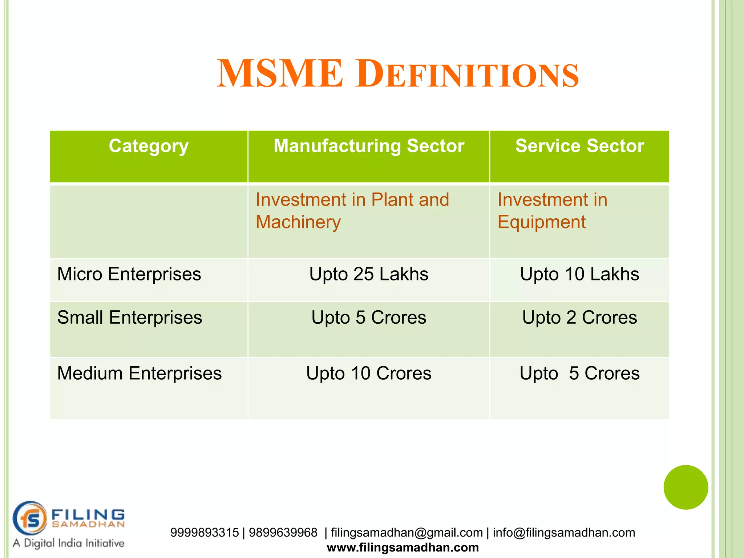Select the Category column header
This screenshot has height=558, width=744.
pyautogui.click(x=149, y=146)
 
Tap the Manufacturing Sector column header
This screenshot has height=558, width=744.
pyautogui.click(x=369, y=146)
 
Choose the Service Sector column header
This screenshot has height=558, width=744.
pyautogui.click(x=579, y=146)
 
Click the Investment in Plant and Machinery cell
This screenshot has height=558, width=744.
pyautogui.click(x=352, y=211)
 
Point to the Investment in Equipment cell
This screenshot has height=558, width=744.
pyautogui.click(x=552, y=211)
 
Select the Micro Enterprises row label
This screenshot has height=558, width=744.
pyautogui.click(x=129, y=274)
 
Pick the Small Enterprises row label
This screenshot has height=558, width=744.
pyautogui.click(x=130, y=318)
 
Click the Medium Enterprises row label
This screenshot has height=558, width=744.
pyautogui.click(x=139, y=373)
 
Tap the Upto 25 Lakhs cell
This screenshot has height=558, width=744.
pyautogui.click(x=369, y=274)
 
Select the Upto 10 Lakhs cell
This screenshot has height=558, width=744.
pyautogui.click(x=579, y=274)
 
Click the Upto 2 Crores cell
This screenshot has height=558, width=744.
pyautogui.click(x=579, y=318)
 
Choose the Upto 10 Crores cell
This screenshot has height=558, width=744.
pyautogui.click(x=369, y=373)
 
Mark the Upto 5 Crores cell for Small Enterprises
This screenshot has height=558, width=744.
pyautogui.click(x=369, y=318)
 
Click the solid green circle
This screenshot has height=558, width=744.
pyautogui.click(x=686, y=487)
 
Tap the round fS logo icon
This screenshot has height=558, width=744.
pyautogui.click(x=30, y=518)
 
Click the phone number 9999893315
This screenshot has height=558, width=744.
pyautogui.click(x=205, y=533)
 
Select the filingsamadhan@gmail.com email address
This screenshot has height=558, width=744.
pyautogui.click(x=407, y=533)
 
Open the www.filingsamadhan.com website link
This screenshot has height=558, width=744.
pyautogui.click(x=403, y=547)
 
